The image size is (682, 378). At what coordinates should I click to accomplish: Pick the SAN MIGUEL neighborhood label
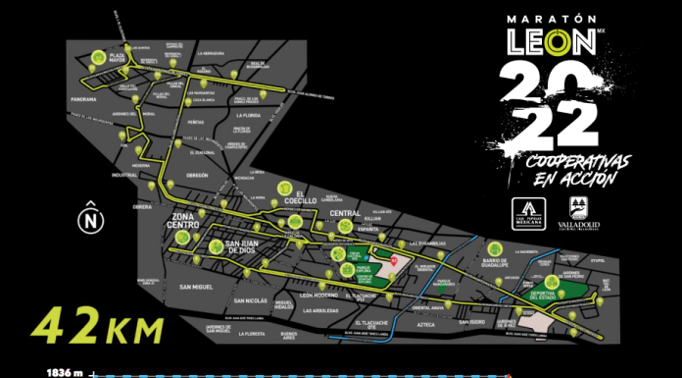197,287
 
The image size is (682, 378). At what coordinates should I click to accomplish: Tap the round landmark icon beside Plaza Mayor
96,59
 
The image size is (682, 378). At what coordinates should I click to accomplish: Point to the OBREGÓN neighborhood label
200,175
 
